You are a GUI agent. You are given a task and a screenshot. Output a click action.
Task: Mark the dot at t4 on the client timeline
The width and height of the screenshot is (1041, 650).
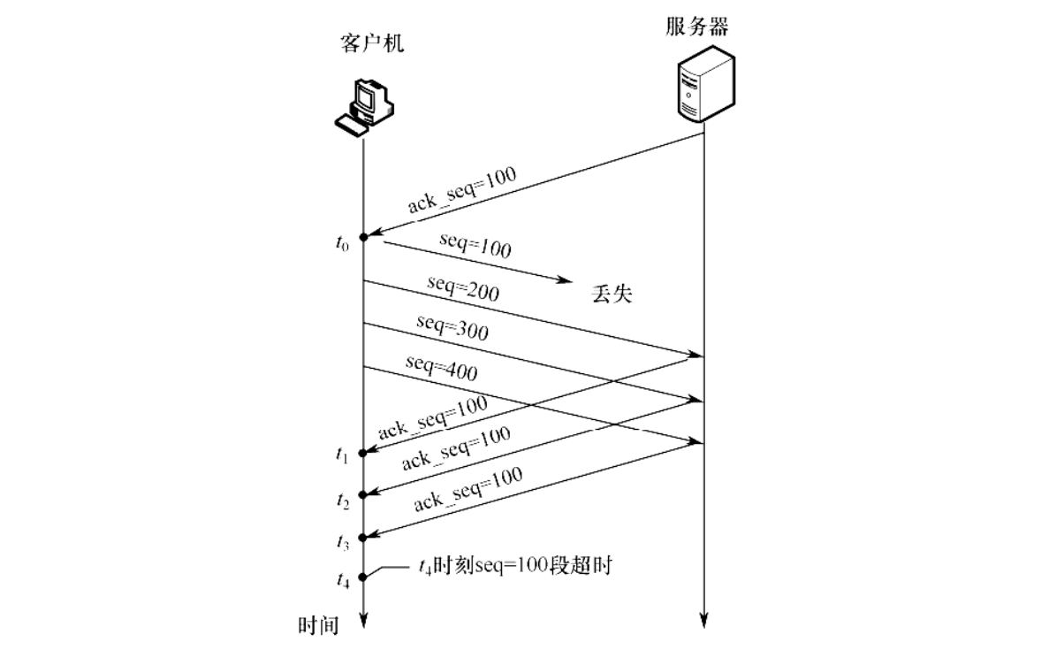(x=363, y=577)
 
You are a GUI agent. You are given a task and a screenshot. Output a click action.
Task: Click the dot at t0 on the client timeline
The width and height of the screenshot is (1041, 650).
(x=363, y=235)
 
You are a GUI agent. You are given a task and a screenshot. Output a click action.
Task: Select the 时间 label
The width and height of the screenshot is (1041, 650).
(x=318, y=626)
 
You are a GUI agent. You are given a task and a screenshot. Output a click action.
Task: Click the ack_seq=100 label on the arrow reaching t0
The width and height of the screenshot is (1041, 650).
(x=461, y=189)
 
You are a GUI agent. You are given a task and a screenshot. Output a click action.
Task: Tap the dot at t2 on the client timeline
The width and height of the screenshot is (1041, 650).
(x=363, y=494)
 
